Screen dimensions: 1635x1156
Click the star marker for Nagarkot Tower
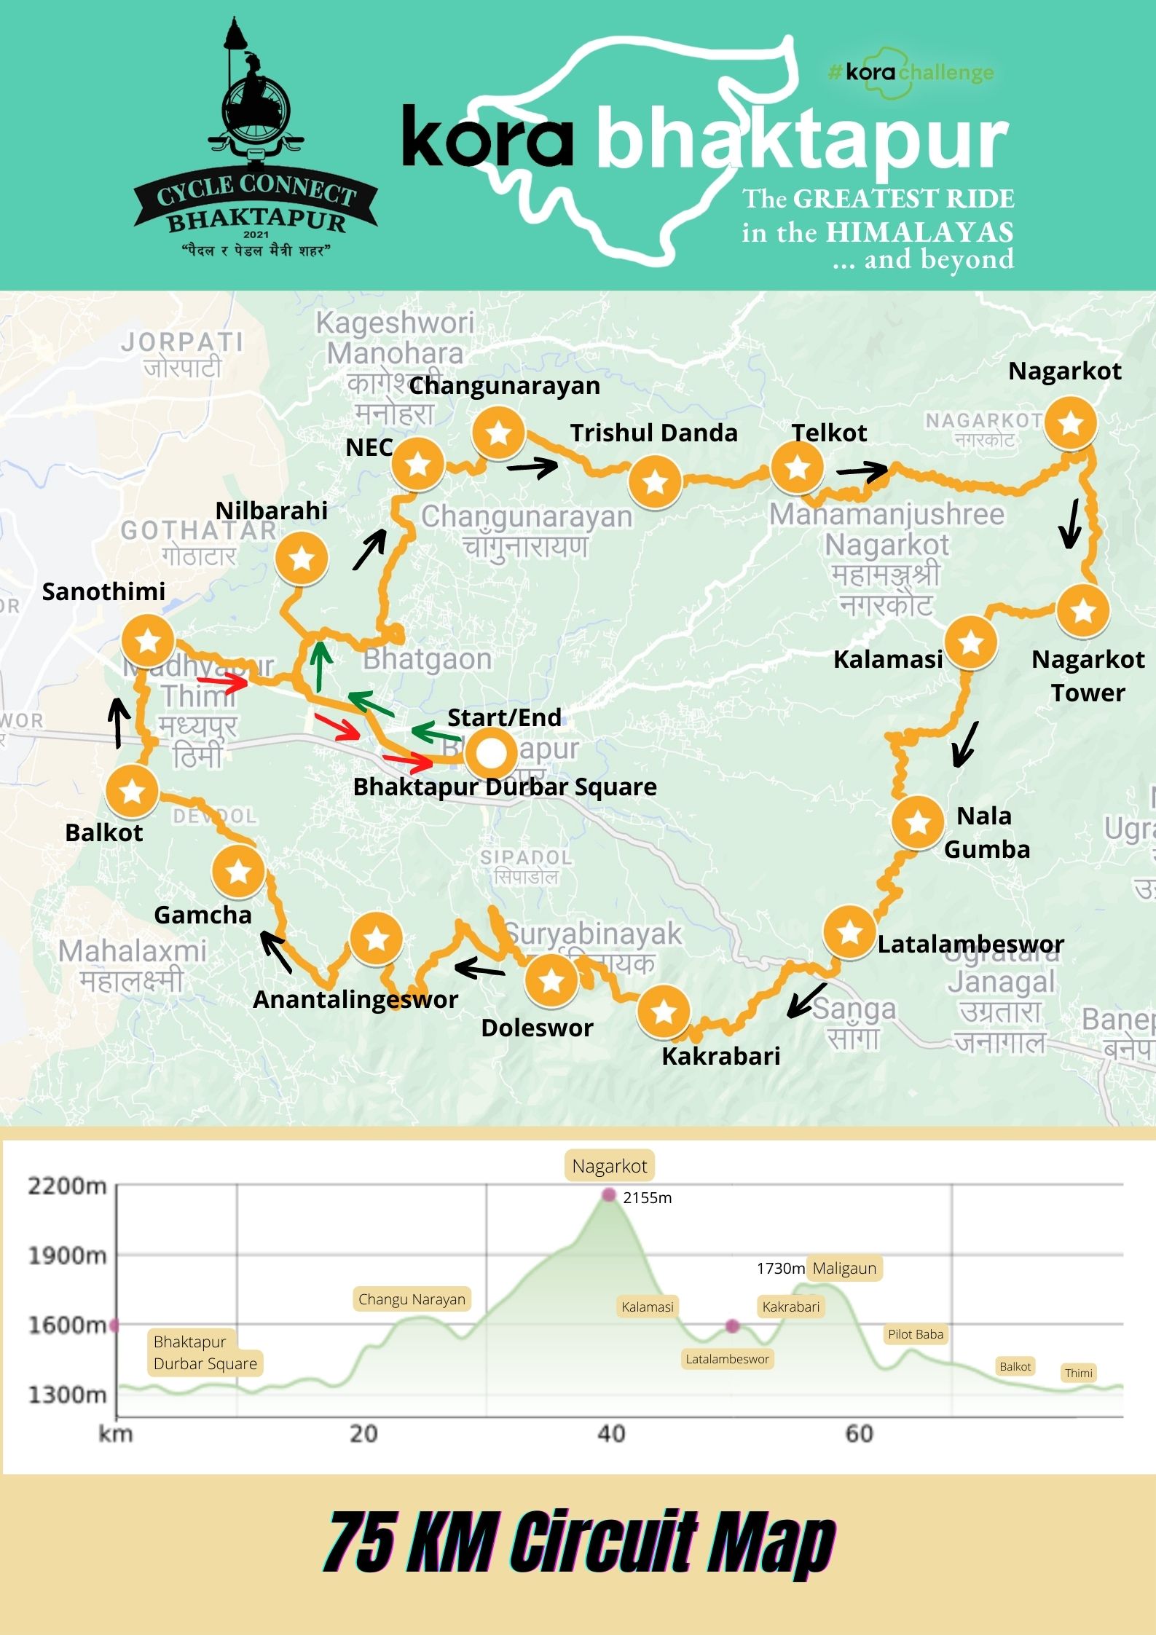click(x=1083, y=610)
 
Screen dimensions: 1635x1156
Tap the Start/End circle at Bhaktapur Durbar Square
click(x=492, y=755)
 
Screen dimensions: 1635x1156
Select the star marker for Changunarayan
click(x=499, y=433)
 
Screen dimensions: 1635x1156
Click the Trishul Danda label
click(x=653, y=433)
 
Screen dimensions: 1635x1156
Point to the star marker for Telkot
click(x=798, y=467)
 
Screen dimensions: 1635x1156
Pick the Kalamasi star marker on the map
click(x=971, y=642)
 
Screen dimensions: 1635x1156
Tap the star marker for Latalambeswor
click(x=849, y=931)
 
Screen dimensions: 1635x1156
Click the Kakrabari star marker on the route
click(x=664, y=1012)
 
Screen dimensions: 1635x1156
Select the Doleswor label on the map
click(x=537, y=1028)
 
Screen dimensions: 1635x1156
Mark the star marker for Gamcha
click(x=238, y=871)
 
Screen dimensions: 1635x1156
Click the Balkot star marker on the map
click(x=133, y=791)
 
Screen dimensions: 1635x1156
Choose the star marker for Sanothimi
click(x=148, y=641)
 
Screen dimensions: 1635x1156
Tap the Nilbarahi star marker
click(x=302, y=559)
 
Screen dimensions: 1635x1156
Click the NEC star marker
click(x=418, y=463)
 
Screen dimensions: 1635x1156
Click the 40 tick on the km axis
click(x=611, y=1433)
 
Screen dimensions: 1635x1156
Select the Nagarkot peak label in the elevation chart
click(x=609, y=1166)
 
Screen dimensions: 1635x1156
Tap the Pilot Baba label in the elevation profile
click(x=915, y=1334)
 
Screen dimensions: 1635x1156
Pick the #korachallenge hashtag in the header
click(x=911, y=72)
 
